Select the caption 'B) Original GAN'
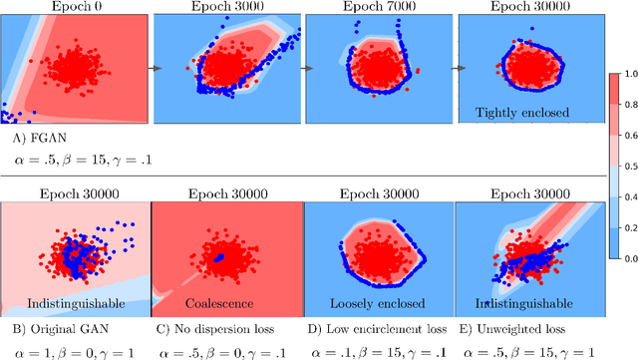pyautogui.click(x=58, y=326)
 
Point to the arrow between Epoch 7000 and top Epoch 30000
pyautogui.click(x=452, y=69)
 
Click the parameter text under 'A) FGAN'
pyautogui.click(x=77, y=158)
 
